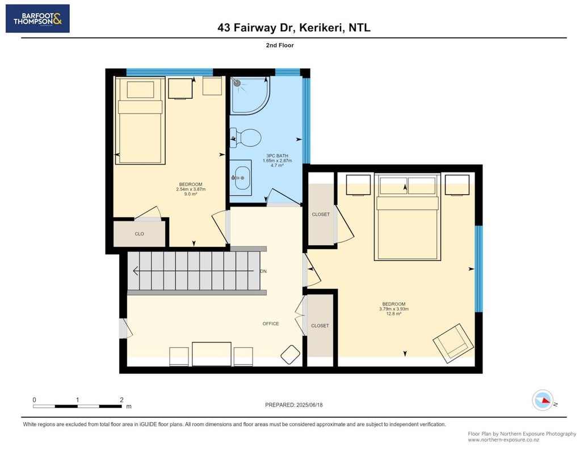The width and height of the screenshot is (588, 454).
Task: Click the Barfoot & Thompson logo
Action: pyautogui.click(x=37, y=19)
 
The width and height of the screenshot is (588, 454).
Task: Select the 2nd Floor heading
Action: pyautogui.click(x=280, y=45)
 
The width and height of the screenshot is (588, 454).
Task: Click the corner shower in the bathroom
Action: pyautogui.click(x=249, y=95)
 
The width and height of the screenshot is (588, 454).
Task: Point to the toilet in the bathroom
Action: pyautogui.click(x=246, y=138)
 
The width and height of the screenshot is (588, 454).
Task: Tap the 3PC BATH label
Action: pyautogui.click(x=277, y=155)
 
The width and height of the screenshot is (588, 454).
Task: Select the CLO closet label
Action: pyautogui.click(x=139, y=234)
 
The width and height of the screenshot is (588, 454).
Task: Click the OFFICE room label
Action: pyautogui.click(x=271, y=323)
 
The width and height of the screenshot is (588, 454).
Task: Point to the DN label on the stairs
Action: pyautogui.click(x=263, y=271)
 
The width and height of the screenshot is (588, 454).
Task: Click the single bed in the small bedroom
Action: pyautogui.click(x=140, y=120)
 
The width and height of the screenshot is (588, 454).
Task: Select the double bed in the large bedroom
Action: pyautogui.click(x=408, y=217)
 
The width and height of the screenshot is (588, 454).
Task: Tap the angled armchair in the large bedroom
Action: pyautogui.click(x=453, y=343)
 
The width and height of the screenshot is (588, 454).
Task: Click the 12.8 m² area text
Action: pyautogui.click(x=394, y=314)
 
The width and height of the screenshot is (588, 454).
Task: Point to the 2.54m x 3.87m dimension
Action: pyautogui.click(x=191, y=190)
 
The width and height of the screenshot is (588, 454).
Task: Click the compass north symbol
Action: pyautogui.click(x=543, y=401)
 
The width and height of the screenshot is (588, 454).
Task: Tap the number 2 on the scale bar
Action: pyautogui.click(x=121, y=400)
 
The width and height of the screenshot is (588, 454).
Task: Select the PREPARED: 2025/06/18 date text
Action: pyautogui.click(x=293, y=405)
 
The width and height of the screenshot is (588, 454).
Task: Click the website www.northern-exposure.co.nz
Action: pyautogui.click(x=503, y=440)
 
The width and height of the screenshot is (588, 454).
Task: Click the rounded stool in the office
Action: pyautogui.click(x=290, y=354)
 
